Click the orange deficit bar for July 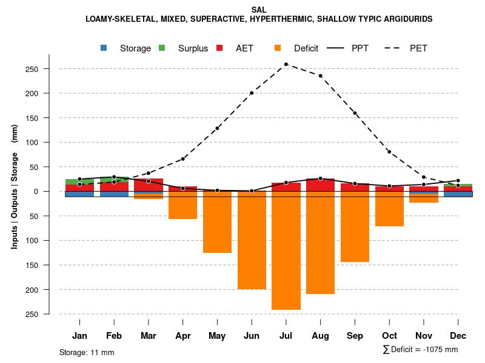point(286,250)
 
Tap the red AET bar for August point(320,185)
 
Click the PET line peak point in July point(286,64)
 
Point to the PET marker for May point(217,128)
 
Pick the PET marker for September point(355,113)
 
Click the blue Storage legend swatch point(104,48)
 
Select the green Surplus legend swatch point(162,48)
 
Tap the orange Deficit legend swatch point(278,48)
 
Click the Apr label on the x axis point(183,336)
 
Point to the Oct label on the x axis point(389,336)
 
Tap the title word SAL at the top point(259,10)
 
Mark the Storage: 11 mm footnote point(87,352)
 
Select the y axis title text point(15,191)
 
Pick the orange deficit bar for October point(389,209)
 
